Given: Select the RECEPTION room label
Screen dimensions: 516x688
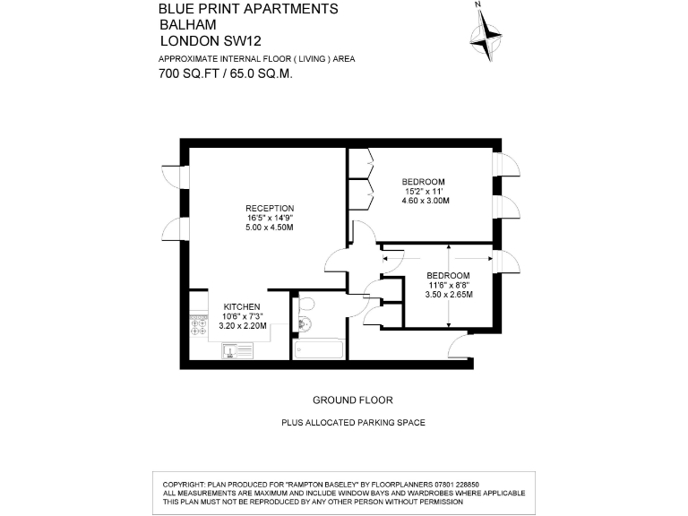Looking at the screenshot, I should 270,208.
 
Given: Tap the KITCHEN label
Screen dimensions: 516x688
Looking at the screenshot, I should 242,306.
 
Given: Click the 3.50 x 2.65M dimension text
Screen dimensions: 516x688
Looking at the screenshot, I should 449,295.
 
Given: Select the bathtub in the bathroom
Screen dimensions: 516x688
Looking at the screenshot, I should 318,348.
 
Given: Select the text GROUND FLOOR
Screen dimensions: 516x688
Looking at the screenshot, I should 352,400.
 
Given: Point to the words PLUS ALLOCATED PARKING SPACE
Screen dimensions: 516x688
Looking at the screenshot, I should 353,422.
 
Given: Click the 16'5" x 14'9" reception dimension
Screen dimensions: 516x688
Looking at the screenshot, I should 270,218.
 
